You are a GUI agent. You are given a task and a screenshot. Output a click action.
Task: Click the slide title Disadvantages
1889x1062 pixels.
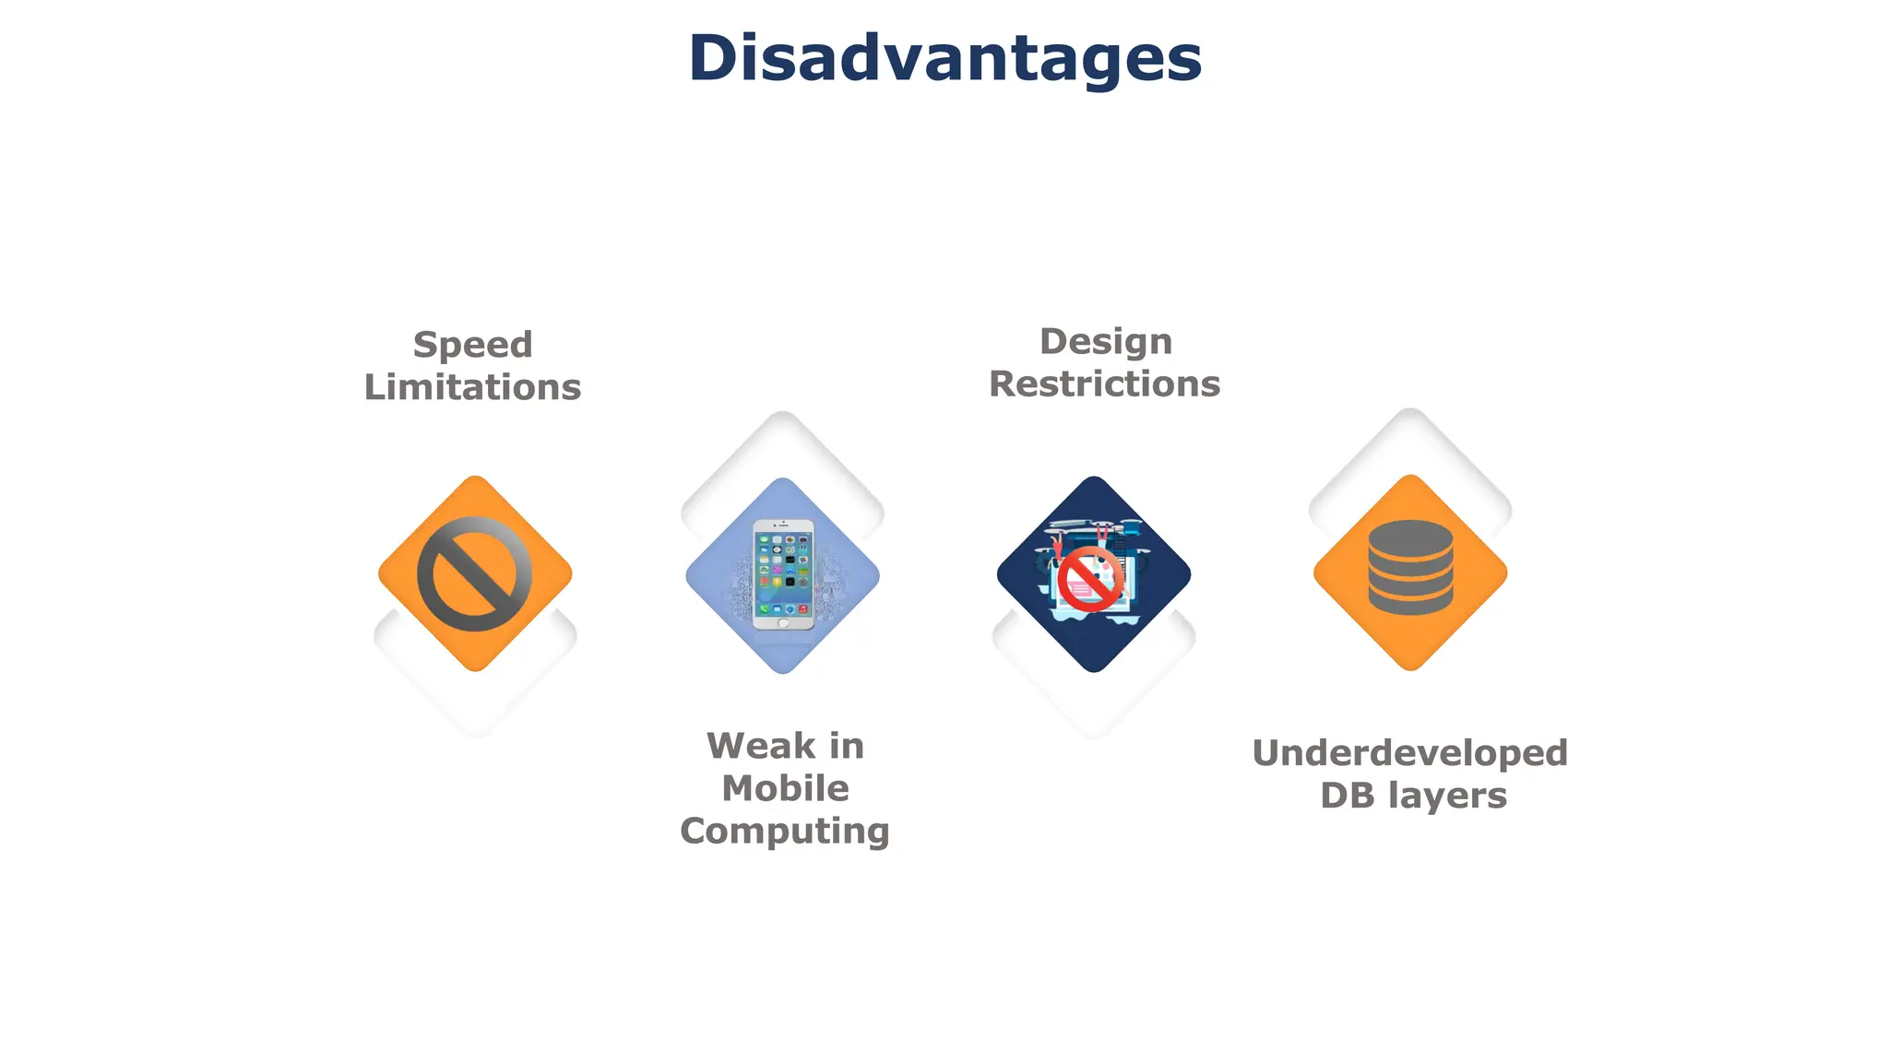944,58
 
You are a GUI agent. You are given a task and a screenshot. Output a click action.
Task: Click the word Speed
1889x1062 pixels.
472,345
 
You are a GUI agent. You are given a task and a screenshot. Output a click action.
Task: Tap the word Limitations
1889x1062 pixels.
472,387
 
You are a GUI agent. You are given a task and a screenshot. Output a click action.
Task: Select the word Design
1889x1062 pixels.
1105,341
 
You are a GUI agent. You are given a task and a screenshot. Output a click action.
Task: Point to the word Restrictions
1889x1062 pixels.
1104,383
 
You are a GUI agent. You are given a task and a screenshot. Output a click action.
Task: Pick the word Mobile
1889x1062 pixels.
785,788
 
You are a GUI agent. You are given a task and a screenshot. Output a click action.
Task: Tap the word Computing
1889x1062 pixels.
784,831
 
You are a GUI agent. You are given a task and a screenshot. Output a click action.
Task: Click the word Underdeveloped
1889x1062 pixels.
1409,753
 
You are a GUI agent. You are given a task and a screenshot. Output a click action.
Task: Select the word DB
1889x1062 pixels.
1347,796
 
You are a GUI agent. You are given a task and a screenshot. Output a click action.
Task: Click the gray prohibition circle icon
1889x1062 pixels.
474,573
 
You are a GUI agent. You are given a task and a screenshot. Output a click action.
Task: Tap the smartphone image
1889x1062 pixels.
783,574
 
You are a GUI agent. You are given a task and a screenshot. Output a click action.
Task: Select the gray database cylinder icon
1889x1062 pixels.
1410,567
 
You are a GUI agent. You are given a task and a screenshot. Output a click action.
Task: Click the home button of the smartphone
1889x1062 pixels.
783,622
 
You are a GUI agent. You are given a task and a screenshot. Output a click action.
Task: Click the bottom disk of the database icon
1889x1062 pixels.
1410,601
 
